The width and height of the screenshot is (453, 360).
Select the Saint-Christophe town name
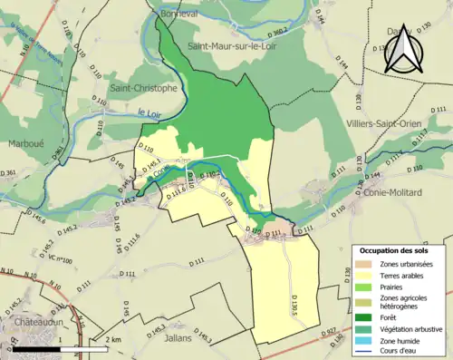click(x=142, y=89)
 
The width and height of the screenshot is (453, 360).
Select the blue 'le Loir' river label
click(x=150, y=112)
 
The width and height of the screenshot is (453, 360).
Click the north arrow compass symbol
click(x=402, y=49)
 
